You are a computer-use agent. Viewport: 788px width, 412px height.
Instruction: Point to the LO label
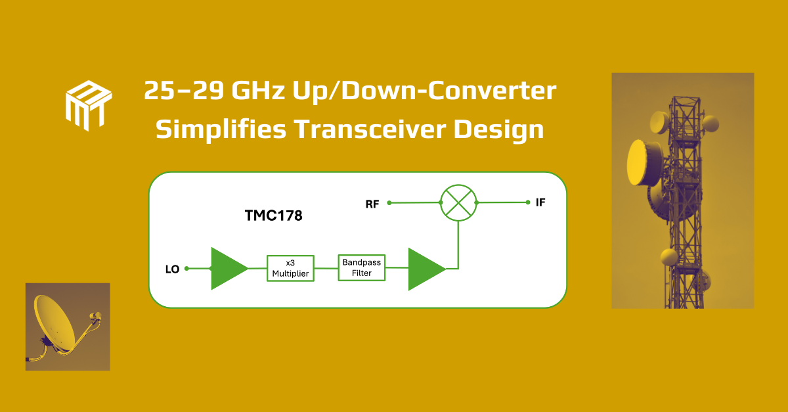click(x=172, y=269)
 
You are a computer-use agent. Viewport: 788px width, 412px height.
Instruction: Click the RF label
click(x=372, y=204)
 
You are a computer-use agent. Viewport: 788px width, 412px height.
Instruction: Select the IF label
click(x=540, y=202)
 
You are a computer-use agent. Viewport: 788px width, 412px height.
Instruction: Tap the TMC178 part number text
click(x=273, y=216)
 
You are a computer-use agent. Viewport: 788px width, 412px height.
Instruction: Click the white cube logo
click(x=89, y=106)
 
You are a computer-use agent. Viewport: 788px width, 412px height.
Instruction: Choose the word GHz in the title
click(x=258, y=91)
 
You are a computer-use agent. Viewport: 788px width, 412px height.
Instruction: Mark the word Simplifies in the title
click(x=221, y=130)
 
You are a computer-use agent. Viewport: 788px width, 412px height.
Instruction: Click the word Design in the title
click(x=498, y=130)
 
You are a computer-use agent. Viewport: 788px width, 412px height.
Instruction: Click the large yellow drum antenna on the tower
click(x=644, y=163)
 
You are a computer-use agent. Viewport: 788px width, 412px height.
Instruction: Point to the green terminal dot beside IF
click(x=528, y=202)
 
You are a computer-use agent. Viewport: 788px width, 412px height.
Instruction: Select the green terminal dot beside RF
click(x=389, y=203)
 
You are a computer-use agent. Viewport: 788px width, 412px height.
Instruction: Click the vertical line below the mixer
click(x=458, y=244)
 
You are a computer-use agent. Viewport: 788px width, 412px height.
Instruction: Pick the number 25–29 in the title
click(x=184, y=91)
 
